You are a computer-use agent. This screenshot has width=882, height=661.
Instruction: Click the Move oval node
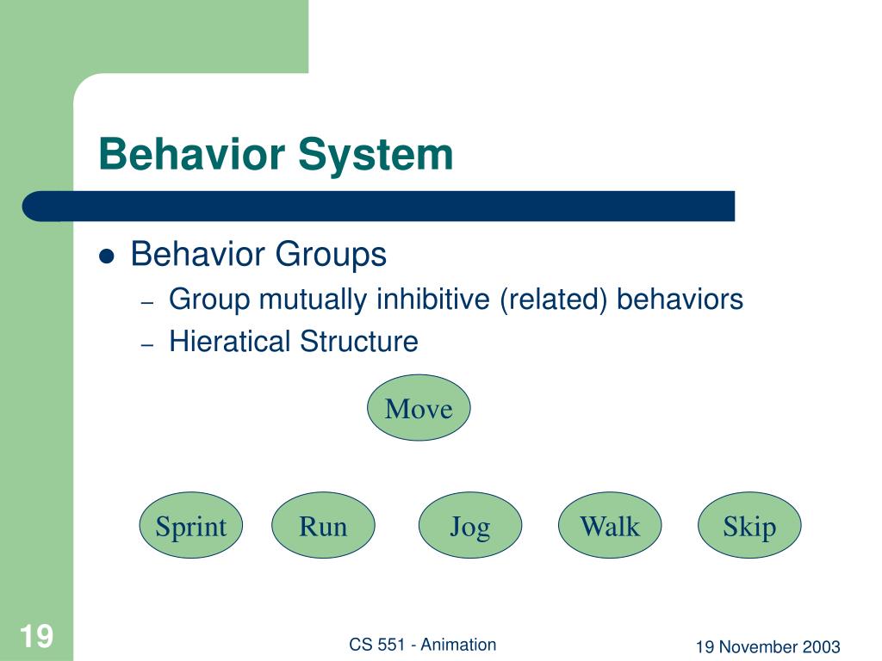419,407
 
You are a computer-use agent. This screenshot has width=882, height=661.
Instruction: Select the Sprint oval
191,525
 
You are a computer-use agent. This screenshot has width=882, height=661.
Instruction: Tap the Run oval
324,525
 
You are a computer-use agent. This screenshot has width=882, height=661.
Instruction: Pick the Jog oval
470,525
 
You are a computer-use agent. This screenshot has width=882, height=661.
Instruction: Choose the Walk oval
610,525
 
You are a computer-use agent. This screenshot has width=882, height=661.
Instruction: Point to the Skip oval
749,525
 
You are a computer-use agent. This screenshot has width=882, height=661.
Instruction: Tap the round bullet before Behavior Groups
106,256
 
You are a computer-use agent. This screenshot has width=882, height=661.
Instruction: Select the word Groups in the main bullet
331,255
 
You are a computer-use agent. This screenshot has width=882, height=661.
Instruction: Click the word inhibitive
433,299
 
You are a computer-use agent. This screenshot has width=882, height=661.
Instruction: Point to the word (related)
554,300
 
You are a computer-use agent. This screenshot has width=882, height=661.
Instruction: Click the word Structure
359,341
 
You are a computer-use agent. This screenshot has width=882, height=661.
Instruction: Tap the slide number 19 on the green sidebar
36,636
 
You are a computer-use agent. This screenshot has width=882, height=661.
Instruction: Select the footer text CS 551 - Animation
422,644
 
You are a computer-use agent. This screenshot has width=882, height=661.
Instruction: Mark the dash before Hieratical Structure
147,344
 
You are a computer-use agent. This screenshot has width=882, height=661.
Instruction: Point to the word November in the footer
751,647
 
